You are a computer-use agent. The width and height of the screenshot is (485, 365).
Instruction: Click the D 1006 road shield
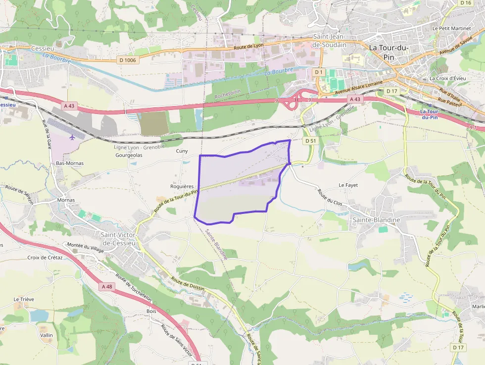click(127, 60)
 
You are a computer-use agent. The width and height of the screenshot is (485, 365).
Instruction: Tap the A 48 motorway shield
click(106, 286)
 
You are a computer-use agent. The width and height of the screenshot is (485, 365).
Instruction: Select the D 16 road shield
click(465, 3)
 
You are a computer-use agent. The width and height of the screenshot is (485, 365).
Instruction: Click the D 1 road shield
click(319, 72)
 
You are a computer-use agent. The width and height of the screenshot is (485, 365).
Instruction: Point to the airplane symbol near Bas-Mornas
click(73, 137)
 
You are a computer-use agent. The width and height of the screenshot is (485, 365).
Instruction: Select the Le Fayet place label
click(348, 185)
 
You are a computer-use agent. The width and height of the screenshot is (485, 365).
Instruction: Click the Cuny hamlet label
click(182, 151)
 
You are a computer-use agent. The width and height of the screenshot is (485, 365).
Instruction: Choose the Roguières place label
click(182, 186)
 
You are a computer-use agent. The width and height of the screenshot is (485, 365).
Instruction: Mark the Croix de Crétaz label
click(45, 258)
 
